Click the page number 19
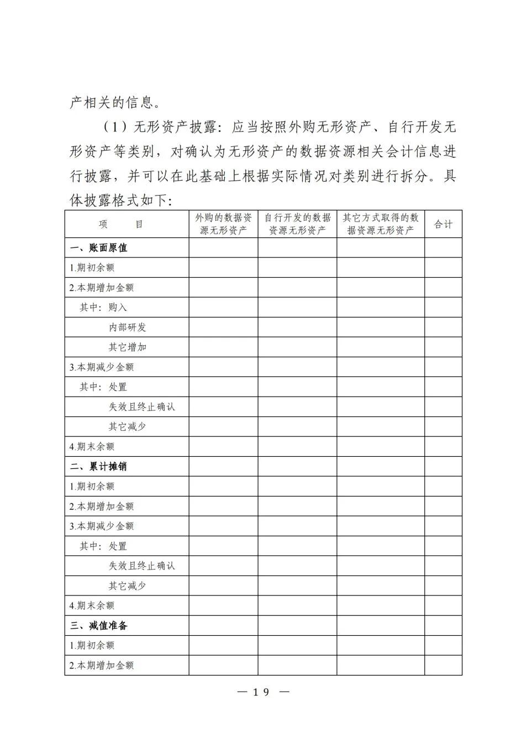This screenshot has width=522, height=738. [x=262, y=692]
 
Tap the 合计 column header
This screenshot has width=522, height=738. [x=443, y=224]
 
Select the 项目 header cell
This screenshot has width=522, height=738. [x=122, y=224]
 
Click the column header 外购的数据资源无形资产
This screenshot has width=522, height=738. [x=223, y=224]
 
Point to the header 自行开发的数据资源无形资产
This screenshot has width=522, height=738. [x=297, y=224]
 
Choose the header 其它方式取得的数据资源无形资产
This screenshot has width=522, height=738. [x=381, y=224]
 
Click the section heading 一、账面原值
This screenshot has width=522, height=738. [x=99, y=248]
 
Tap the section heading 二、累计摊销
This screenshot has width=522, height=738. [x=99, y=467]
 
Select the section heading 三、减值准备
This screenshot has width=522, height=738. [x=99, y=626]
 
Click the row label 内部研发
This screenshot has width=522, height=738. [x=128, y=328]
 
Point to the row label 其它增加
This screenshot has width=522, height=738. [x=128, y=347]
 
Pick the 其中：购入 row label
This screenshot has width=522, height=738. [x=103, y=308]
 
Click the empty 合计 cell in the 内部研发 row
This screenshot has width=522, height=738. [x=443, y=328]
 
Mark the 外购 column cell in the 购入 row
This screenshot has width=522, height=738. [x=223, y=308]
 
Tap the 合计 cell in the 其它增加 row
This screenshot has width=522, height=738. [x=443, y=347]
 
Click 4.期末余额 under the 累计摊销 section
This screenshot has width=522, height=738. [x=92, y=606]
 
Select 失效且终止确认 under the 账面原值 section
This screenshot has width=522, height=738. [x=142, y=407]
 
